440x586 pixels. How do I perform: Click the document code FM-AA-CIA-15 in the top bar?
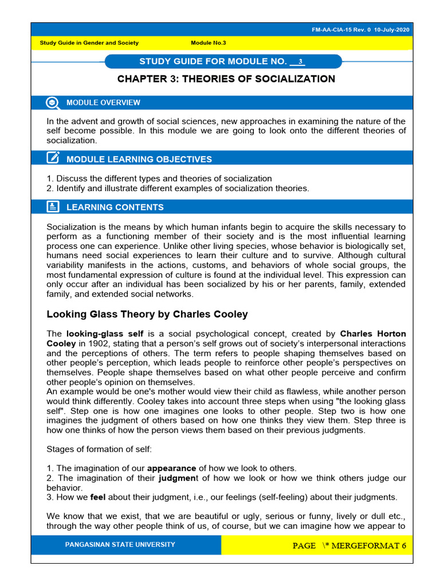tap(331, 30)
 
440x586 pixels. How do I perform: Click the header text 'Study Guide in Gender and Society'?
tap(89, 43)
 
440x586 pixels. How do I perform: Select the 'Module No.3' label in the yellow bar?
tap(209, 43)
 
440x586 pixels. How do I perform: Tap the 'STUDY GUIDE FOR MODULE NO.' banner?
tap(213, 61)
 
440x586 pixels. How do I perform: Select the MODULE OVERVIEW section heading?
tap(103, 102)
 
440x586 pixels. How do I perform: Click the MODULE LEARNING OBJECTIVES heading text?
tap(139, 159)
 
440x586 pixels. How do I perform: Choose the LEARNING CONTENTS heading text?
tap(115, 207)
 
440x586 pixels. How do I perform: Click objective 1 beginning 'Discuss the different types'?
tap(159, 179)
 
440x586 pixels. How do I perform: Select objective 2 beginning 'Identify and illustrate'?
tap(178, 188)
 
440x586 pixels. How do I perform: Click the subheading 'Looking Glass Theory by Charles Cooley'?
tap(147, 314)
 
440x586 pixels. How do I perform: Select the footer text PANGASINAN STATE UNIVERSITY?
tap(120, 544)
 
